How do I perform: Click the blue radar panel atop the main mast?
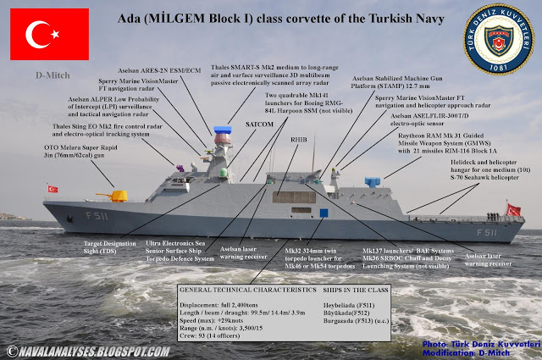pos(222,132)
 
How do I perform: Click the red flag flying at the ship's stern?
pos(513,208)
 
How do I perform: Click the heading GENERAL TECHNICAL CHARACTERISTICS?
pos(241,290)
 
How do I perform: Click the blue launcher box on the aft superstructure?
pos(372,182)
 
